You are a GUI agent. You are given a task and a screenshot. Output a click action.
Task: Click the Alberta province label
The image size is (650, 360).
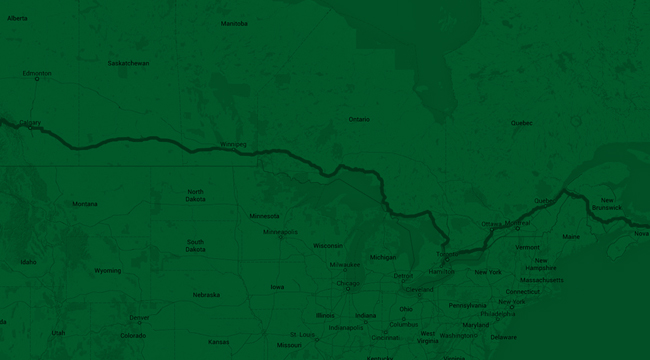pyautogui.click(x=17, y=18)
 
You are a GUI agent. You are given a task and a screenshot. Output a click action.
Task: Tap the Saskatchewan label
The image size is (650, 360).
pyautogui.click(x=129, y=63)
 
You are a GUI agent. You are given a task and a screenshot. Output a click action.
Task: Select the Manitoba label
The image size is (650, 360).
pyautogui.click(x=234, y=23)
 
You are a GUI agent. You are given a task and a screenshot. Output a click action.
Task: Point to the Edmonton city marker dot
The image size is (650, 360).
pyautogui.click(x=37, y=80)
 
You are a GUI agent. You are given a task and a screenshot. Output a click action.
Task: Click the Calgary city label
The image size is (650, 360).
pyautogui.click(x=30, y=123)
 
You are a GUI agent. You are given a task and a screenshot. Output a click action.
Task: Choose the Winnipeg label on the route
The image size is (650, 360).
pyautogui.click(x=232, y=143)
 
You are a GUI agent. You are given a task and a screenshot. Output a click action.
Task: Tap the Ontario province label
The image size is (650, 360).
pyautogui.click(x=359, y=119)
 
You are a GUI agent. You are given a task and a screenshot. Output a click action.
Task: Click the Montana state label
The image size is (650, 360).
pyautogui.click(x=85, y=203)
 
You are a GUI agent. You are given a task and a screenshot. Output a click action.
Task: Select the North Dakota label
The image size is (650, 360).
pyautogui.click(x=195, y=195)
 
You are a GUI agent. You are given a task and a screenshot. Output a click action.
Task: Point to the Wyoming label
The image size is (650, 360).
pyautogui.click(x=108, y=270)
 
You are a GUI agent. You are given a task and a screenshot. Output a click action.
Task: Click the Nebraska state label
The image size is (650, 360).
pyautogui.click(x=206, y=295)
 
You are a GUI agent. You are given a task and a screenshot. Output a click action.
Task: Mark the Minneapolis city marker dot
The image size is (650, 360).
pyautogui.click(x=281, y=237)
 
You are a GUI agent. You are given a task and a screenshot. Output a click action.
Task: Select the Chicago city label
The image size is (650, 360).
pyautogui.click(x=347, y=283)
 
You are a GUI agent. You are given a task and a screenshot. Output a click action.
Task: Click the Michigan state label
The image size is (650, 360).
pyautogui.click(x=383, y=257)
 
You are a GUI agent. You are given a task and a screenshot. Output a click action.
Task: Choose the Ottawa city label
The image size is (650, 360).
pyautogui.click(x=491, y=224)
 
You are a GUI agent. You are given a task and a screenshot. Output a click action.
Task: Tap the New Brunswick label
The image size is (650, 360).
pyautogui.click(x=606, y=204)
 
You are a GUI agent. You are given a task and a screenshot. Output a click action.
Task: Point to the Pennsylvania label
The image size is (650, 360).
pyautogui.click(x=467, y=305)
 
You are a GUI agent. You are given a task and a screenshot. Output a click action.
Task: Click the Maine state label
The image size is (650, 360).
pyautogui.click(x=571, y=237)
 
